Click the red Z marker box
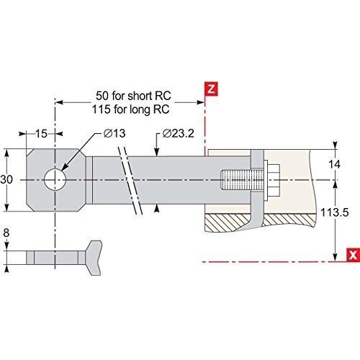[x=211, y=89]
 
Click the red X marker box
[x=354, y=255]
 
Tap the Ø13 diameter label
[x=114, y=133]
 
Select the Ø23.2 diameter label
[x=178, y=133]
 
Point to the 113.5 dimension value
[x=334, y=212]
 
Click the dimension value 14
[x=334, y=165]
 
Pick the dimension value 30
[x=6, y=179]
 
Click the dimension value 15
[x=41, y=134]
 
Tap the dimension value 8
[x=6, y=233]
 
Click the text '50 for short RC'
[x=133, y=96]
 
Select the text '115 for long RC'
[x=130, y=109]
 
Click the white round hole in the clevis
[x=55, y=179]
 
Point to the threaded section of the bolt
[x=242, y=179]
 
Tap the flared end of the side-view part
[x=94, y=258]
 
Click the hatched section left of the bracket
[x=227, y=222]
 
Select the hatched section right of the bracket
[x=289, y=220]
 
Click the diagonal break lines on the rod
[x=130, y=181]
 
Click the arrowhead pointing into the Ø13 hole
[x=64, y=168]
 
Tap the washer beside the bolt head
[x=266, y=181]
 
